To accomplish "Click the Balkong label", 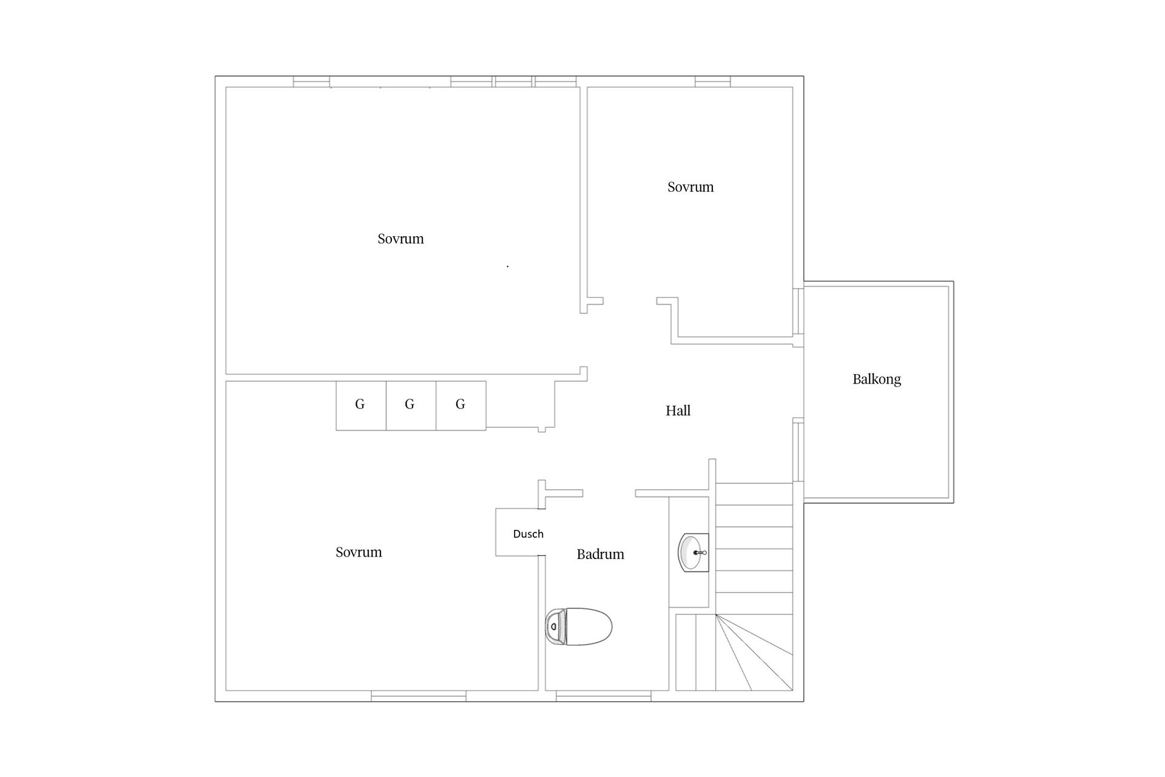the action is coord(876,379).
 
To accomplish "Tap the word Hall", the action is coord(678,410).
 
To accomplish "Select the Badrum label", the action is coord(600,554).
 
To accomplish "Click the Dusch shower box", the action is coord(520,532).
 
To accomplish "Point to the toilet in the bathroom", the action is coord(578,626).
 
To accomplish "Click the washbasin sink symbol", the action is coord(693,552).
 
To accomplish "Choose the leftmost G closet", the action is coord(361,405).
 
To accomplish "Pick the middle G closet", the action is coord(411,405).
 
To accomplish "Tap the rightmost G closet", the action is coord(461,405).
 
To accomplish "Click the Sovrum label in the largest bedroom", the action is coord(400,239).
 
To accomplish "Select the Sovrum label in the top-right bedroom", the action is coord(691,187).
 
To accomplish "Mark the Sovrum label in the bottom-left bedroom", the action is coord(359,552).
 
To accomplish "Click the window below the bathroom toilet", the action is coord(604,696).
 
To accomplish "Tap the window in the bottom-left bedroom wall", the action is coord(419,696).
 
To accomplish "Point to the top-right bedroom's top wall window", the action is coord(713,81).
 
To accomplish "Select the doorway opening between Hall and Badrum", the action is coord(609,493).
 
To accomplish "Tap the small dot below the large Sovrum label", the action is coord(508,266).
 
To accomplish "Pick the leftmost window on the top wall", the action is coord(311,81).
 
